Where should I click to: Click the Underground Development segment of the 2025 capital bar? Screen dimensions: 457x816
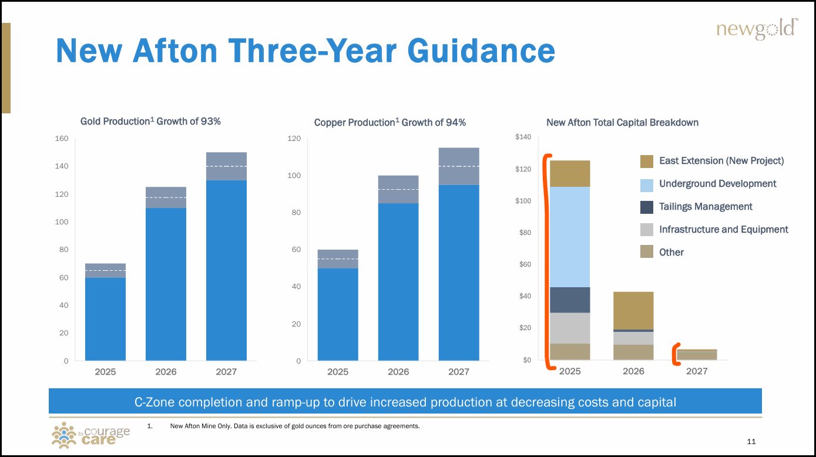[x=570, y=237]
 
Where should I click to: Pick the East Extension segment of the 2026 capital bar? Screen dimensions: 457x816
[x=633, y=311]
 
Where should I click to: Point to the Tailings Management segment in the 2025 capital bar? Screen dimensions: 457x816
[x=570, y=300]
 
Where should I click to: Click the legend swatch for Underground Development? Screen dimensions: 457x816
[x=646, y=184]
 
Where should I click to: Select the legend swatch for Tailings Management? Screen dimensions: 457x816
[x=646, y=207]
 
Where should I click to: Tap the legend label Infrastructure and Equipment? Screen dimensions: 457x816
[x=723, y=230]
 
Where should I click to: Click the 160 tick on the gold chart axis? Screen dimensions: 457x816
[x=62, y=139]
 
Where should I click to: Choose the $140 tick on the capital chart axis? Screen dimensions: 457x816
[x=522, y=137]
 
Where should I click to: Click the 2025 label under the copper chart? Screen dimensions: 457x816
[x=337, y=372]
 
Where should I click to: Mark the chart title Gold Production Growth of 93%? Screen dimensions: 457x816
[x=150, y=121]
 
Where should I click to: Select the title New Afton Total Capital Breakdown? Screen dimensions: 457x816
[x=622, y=122]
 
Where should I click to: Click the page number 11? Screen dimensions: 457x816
[x=751, y=442]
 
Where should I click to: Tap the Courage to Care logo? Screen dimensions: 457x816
[x=90, y=435]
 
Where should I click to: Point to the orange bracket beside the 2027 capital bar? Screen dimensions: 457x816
[x=676, y=354]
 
